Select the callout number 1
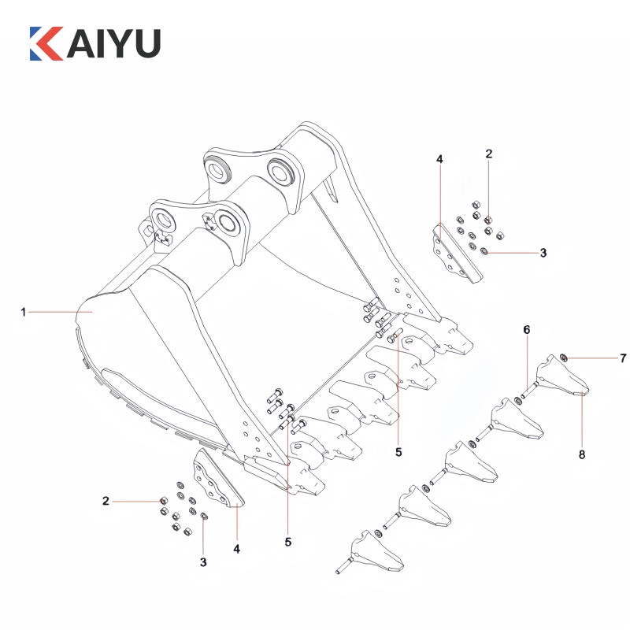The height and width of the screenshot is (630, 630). [24, 313]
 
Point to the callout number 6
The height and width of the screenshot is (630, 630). [527, 329]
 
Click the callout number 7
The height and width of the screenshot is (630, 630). [622, 358]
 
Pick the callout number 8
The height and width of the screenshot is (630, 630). [582, 454]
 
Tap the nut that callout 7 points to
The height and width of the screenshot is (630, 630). [565, 359]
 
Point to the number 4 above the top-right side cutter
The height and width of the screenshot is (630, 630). [439, 160]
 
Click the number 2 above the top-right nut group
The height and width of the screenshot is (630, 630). [488, 154]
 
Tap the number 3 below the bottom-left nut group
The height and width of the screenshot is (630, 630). [203, 562]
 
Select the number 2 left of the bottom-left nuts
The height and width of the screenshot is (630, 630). [105, 500]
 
